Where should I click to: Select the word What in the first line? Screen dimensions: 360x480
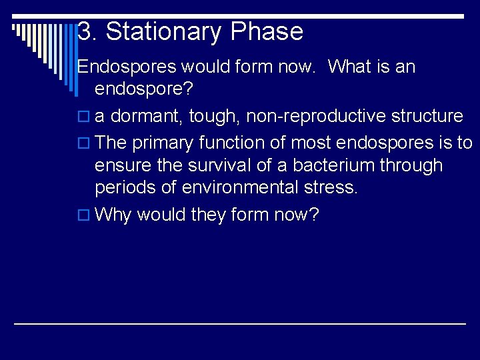tap(351, 67)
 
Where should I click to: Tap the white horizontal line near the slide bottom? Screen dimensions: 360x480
tap(240, 323)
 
